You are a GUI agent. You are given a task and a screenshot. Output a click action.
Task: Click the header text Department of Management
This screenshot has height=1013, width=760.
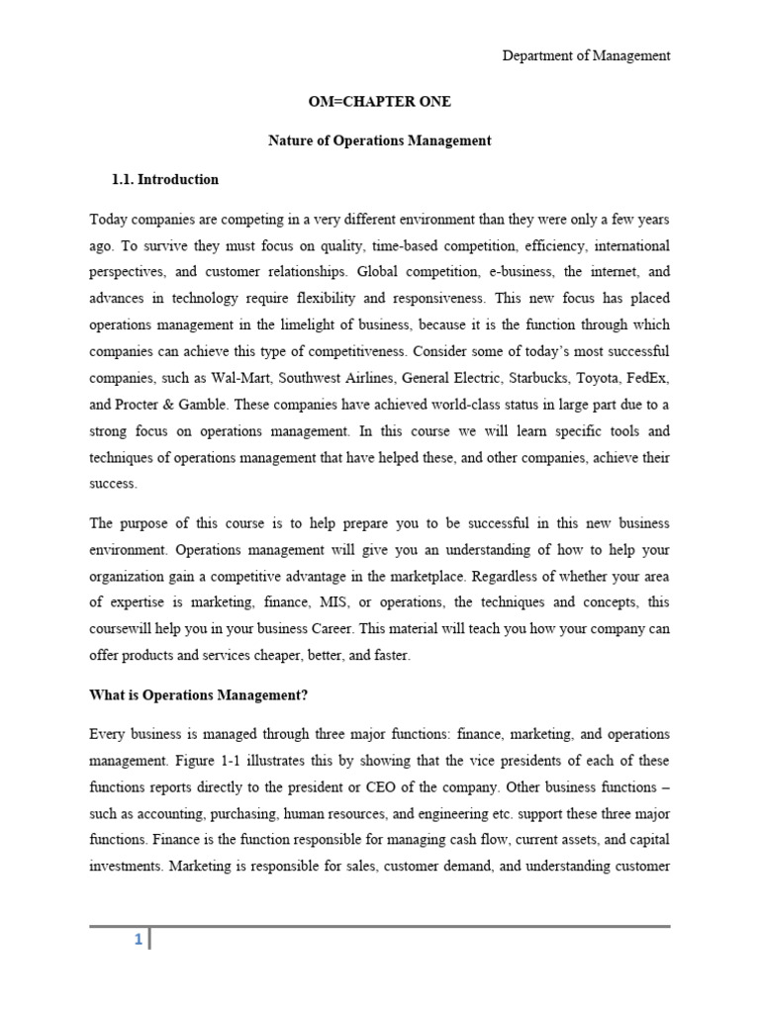[x=586, y=56]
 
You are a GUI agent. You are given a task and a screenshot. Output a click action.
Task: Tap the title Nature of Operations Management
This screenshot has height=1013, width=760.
[x=380, y=140]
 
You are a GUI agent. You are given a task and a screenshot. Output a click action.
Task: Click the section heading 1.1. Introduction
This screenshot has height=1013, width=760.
[x=166, y=180]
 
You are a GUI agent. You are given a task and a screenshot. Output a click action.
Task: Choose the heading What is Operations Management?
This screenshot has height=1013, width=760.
[x=199, y=695]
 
